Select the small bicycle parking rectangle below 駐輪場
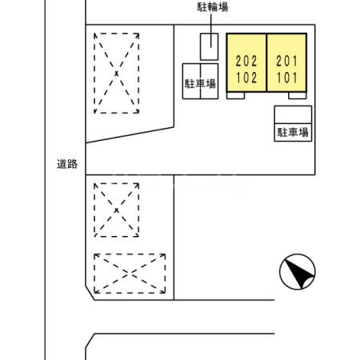208,47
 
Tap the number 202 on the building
246,61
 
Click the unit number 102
246,78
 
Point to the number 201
287,61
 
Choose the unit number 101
287,78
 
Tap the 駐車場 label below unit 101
293,133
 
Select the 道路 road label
66,164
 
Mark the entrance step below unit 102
237,95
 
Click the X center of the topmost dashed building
117,73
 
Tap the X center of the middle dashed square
117,210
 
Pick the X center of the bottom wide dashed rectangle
130,273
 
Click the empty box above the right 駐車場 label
293,114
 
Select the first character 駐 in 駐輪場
202,9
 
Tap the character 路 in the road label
72,164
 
